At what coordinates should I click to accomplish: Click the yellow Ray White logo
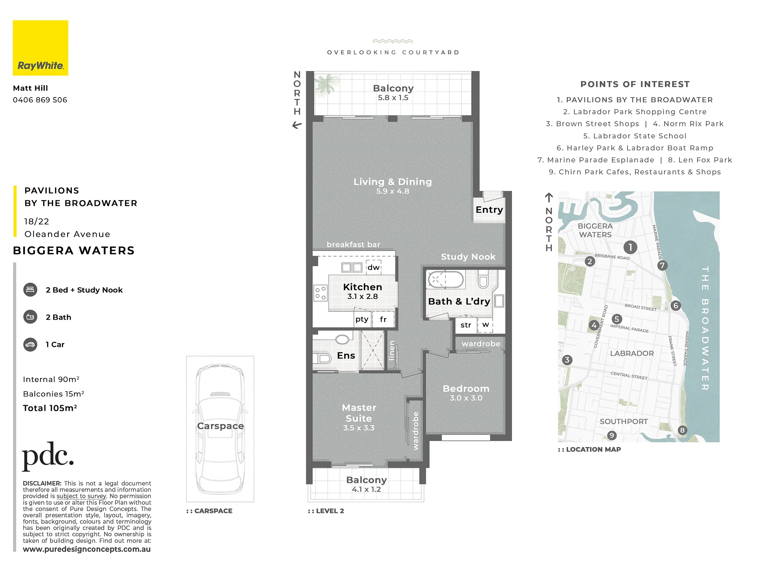pyautogui.click(x=40, y=48)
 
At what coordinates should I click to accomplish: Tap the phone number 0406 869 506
pyautogui.click(x=40, y=100)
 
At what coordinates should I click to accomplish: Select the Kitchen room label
pyautogui.click(x=363, y=287)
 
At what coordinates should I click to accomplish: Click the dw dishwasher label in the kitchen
pyautogui.click(x=374, y=267)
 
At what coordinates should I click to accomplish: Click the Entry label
pyautogui.click(x=489, y=210)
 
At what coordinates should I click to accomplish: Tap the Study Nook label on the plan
pyautogui.click(x=468, y=257)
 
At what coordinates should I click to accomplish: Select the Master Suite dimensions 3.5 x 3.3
pyautogui.click(x=359, y=428)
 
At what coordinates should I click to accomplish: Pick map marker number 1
pyautogui.click(x=630, y=247)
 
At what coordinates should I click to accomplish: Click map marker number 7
pyautogui.click(x=662, y=265)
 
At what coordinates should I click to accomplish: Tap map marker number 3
pyautogui.click(x=567, y=360)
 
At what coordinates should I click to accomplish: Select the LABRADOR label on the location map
pyautogui.click(x=632, y=353)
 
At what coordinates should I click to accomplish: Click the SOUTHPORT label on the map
pyautogui.click(x=624, y=422)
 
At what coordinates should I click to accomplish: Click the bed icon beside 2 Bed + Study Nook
pyautogui.click(x=30, y=290)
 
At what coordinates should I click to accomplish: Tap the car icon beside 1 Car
pyautogui.click(x=30, y=344)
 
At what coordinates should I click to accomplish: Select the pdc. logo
pyautogui.click(x=48, y=456)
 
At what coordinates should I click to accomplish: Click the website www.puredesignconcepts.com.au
pyautogui.click(x=87, y=549)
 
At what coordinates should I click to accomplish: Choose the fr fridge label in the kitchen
pyautogui.click(x=383, y=320)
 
